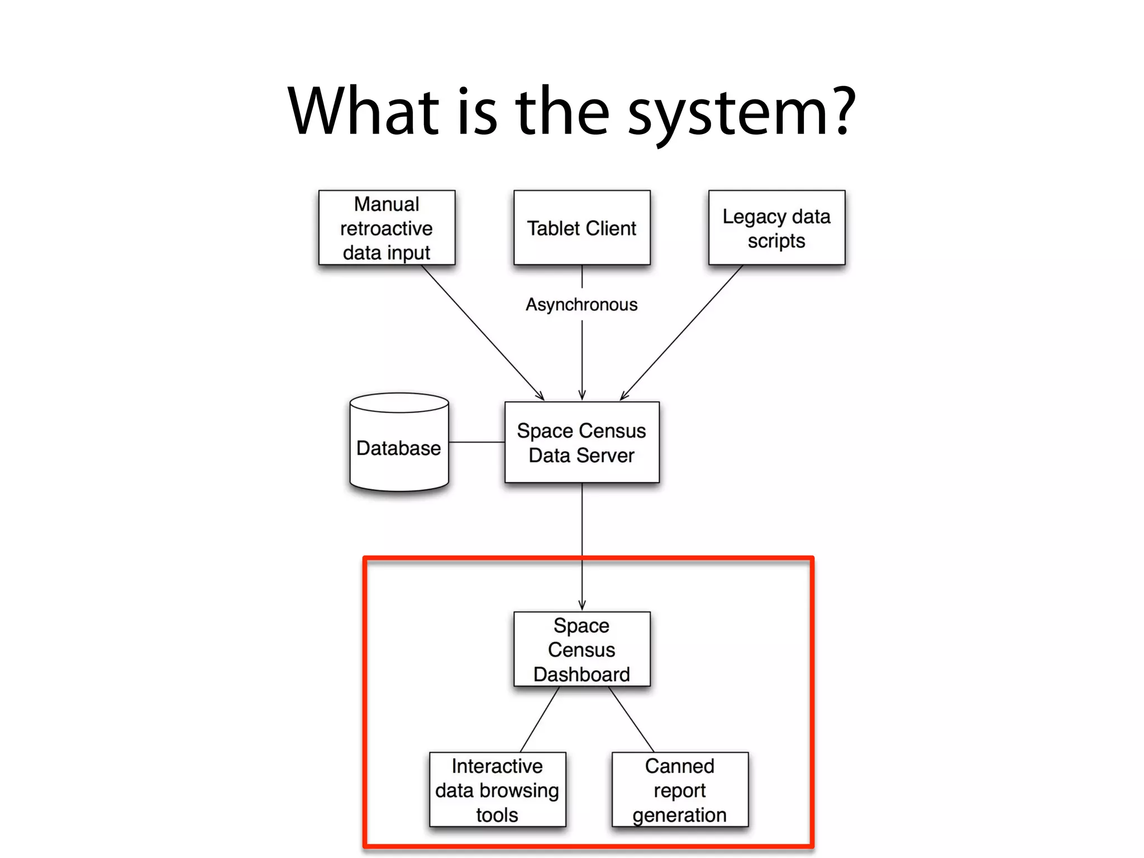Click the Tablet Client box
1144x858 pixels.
pyautogui.click(x=581, y=227)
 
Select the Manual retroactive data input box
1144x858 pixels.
pyautogui.click(x=387, y=227)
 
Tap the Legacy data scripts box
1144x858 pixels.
pyautogui.click(x=776, y=227)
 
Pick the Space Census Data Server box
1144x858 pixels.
pyautogui.click(x=581, y=442)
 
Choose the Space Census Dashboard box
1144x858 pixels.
pyautogui.click(x=581, y=649)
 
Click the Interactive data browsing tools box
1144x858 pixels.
pyautogui.click(x=497, y=789)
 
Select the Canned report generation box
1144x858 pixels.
pyautogui.click(x=680, y=789)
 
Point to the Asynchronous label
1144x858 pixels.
pyautogui.click(x=581, y=304)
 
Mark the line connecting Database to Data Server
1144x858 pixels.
pyautogui.click(x=476, y=442)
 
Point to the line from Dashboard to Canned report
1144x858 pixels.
pyautogui.click(x=631, y=719)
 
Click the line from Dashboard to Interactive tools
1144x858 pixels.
pyautogui.click(x=540, y=719)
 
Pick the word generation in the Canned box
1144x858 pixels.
pyautogui.click(x=680, y=815)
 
